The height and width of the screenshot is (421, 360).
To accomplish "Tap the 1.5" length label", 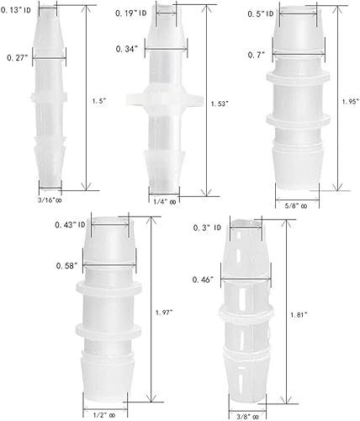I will pyautogui.click(x=98, y=99).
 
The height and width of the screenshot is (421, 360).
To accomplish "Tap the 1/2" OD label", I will pyautogui.click(x=105, y=413).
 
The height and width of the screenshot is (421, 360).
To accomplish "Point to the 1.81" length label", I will pyautogui.click(x=300, y=315).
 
